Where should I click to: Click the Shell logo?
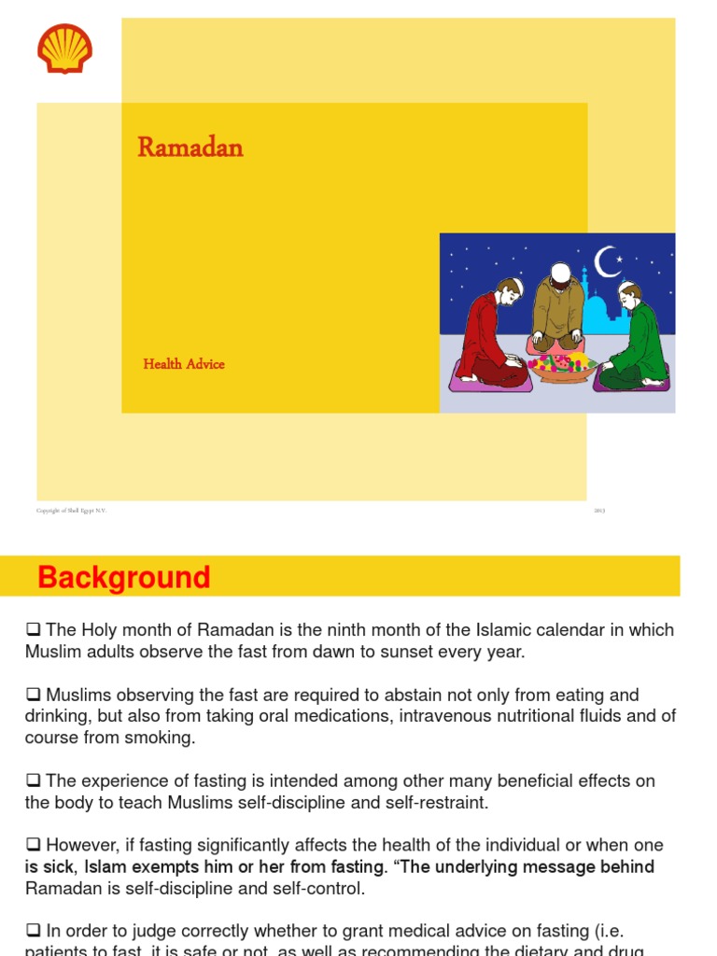(x=64, y=49)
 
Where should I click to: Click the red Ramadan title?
(x=190, y=148)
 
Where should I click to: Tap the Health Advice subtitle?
(x=184, y=364)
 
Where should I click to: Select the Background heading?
(x=123, y=578)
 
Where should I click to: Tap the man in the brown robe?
(x=558, y=308)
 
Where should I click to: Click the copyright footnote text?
(x=72, y=511)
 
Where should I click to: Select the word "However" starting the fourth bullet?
(x=82, y=846)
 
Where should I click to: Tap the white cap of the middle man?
(x=559, y=272)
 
